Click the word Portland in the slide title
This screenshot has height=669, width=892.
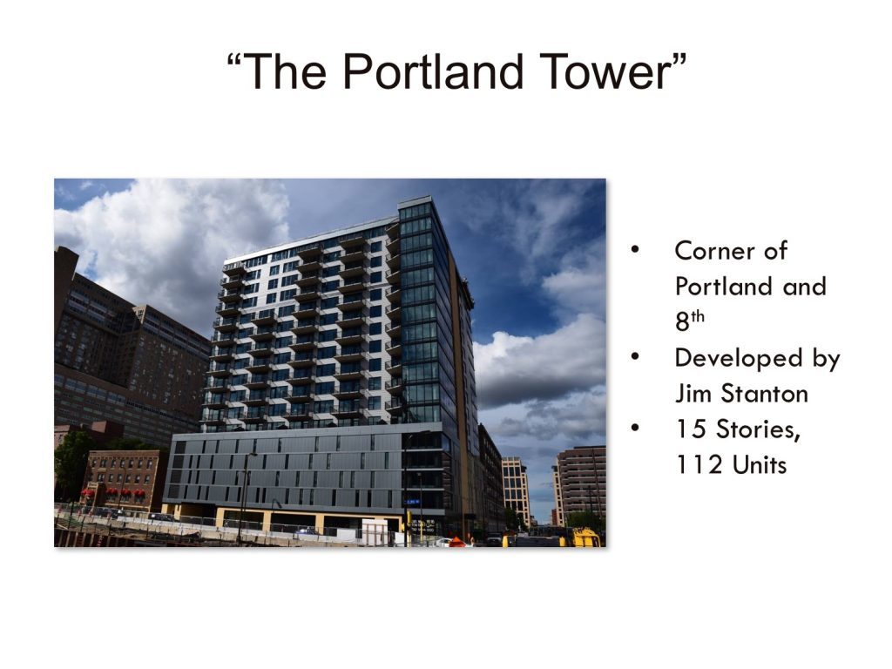tap(432, 71)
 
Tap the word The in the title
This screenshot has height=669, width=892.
tap(285, 71)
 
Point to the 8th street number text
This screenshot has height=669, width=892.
tap(690, 321)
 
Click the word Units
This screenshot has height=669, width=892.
tap(760, 465)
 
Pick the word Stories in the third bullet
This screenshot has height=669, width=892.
tap(759, 429)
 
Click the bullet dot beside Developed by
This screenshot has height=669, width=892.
tap(635, 357)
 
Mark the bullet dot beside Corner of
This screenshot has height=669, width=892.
tap(635, 250)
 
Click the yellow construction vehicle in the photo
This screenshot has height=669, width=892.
tap(586, 537)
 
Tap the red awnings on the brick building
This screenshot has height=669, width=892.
tap(113, 492)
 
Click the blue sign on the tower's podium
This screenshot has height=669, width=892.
tap(412, 503)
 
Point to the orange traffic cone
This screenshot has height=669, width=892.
tap(456, 542)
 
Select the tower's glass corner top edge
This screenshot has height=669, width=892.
tap(416, 201)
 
